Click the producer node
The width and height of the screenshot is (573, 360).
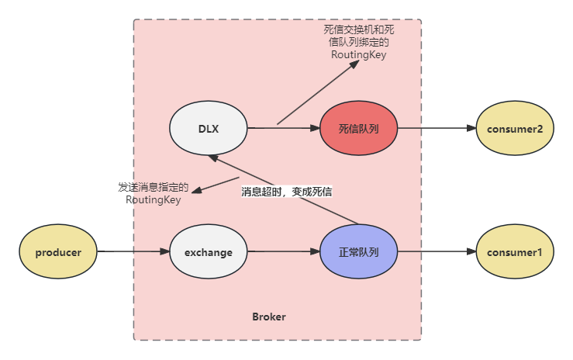coord(58,252)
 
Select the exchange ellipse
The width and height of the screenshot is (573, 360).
coord(208,252)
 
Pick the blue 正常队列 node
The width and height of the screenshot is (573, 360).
coord(358,252)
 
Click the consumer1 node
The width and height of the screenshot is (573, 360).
coord(514,252)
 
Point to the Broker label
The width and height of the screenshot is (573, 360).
coord(269,317)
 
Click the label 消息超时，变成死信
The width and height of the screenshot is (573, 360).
coord(287,191)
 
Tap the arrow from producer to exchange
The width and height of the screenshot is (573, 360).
coord(132,252)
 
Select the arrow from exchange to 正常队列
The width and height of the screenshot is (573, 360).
coord(283,252)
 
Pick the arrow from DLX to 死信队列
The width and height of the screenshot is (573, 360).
coord(283,127)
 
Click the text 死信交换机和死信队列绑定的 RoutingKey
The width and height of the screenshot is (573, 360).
coord(358,42)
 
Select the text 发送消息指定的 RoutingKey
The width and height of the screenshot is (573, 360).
coord(153,193)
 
